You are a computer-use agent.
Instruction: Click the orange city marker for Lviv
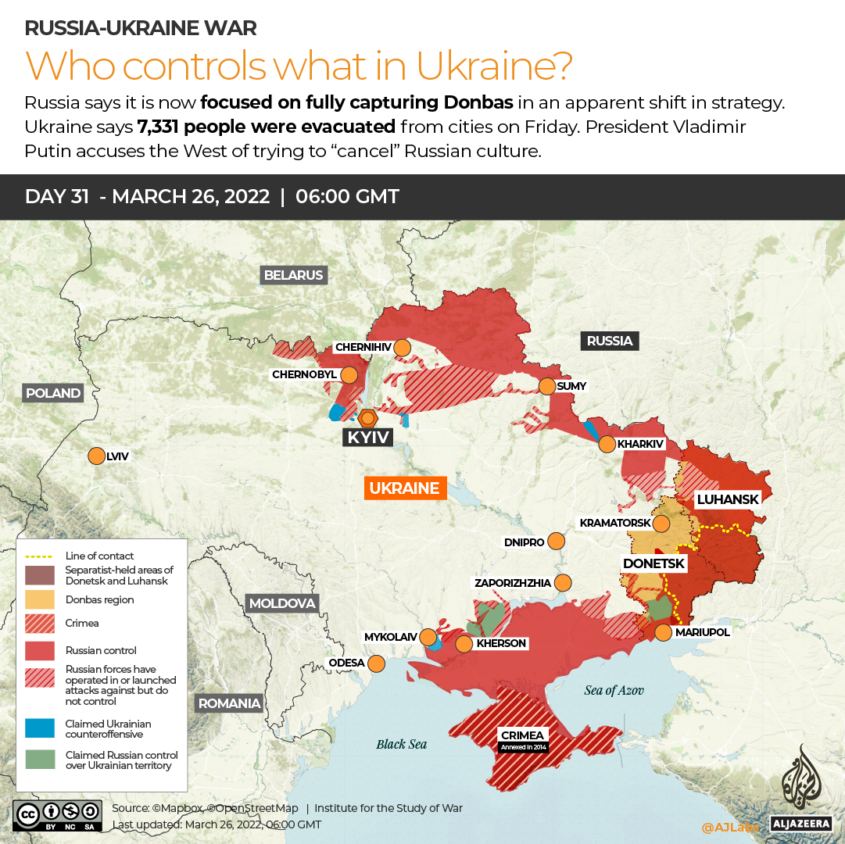pos(96,456)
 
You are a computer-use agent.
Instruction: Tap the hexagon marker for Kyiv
pos(367,417)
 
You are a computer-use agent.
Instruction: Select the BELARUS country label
pos(293,275)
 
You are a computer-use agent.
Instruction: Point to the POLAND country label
pos(53,393)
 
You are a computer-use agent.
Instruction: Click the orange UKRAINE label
pos(404,488)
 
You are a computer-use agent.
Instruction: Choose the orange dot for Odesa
pos(377,663)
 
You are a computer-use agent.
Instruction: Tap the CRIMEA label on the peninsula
pos(523,735)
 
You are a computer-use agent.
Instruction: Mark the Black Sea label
pos(402,744)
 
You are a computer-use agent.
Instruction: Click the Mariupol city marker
pos(663,632)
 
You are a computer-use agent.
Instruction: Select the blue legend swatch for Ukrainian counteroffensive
pos(40,728)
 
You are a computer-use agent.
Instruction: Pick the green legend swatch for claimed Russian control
pos(40,760)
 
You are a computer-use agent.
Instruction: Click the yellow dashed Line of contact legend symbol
pos(40,556)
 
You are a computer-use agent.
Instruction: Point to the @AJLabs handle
pos(730,826)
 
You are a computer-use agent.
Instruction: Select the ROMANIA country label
pos(229,703)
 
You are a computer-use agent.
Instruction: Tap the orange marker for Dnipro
pos(557,541)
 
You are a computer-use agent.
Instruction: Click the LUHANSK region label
pos(727,499)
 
